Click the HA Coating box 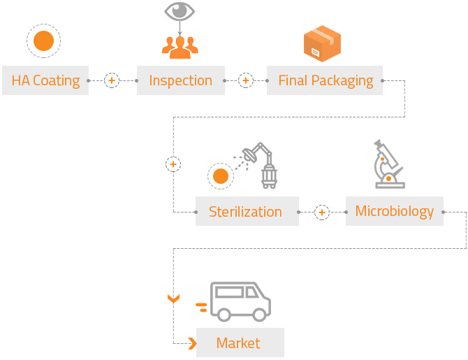point(45,80)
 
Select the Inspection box point(180,80)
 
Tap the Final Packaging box point(325,80)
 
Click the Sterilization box point(245,212)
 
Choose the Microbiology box point(394,211)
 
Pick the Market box point(239,343)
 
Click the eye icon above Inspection point(180,11)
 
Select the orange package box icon point(321,43)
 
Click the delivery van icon point(240,301)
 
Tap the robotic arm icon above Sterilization point(257,164)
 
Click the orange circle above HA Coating point(43,41)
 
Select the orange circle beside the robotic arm point(220,176)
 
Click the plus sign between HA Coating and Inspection point(112,80)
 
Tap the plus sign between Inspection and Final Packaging point(246,80)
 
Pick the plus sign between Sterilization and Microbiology point(321,212)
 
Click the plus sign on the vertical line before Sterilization point(173,164)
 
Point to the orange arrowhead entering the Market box point(191,343)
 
